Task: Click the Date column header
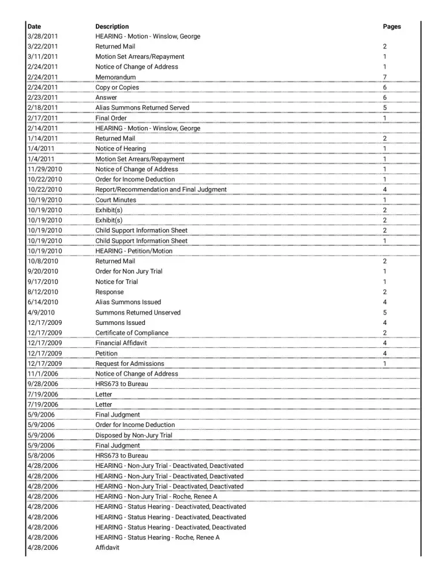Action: pyautogui.click(x=34, y=27)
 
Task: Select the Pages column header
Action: pyautogui.click(x=392, y=27)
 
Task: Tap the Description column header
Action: pyautogui.click(x=112, y=27)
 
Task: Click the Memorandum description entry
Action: pyautogui.click(x=115, y=77)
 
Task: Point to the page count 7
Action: pyautogui.click(x=385, y=77)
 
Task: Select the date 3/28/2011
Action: pyautogui.click(x=43, y=36)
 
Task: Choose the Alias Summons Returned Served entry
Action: pyautogui.click(x=142, y=108)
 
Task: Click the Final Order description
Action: pyautogui.click(x=111, y=118)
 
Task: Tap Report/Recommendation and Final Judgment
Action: pyautogui.click(x=161, y=190)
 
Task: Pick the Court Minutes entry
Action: pyautogui.click(x=116, y=200)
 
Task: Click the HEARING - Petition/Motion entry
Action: pyautogui.click(x=134, y=251)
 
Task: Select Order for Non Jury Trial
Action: pyautogui.click(x=129, y=272)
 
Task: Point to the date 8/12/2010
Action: pyautogui.click(x=43, y=292)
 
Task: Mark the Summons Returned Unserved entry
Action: pyautogui.click(x=138, y=313)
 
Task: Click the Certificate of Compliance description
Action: pyautogui.click(x=132, y=333)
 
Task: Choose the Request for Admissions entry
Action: pyautogui.click(x=129, y=364)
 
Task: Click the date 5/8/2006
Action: pyautogui.click(x=41, y=456)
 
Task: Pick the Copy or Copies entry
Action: pyautogui.click(x=117, y=88)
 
